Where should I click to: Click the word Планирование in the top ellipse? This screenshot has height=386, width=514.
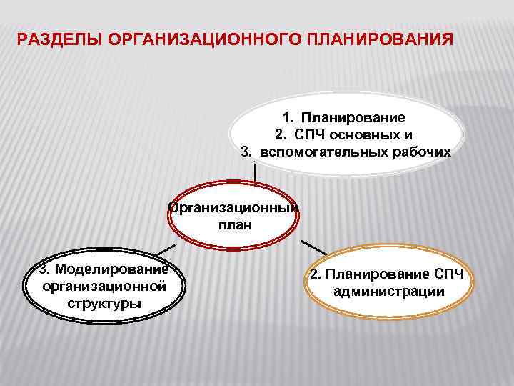tap(353, 117)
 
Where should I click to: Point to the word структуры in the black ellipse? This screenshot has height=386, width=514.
tap(104, 302)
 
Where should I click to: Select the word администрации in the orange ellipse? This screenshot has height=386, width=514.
tap(388, 292)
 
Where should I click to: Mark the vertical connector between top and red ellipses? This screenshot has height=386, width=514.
tap(255, 174)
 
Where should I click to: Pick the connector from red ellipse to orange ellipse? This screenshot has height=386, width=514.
tap(314, 247)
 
